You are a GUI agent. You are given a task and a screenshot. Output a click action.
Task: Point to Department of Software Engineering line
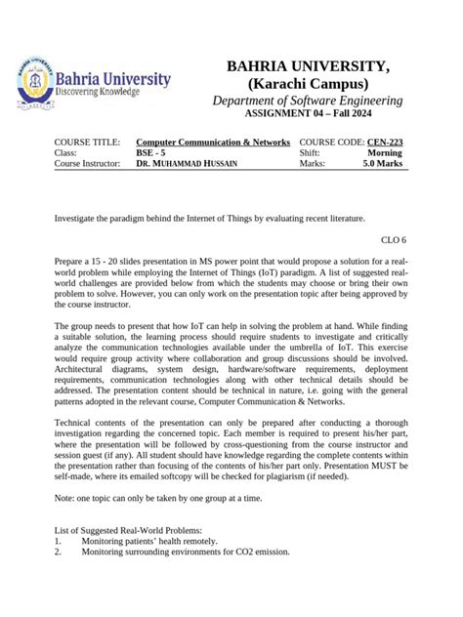(x=308, y=102)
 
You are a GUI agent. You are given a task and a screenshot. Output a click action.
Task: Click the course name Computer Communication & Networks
(x=212, y=143)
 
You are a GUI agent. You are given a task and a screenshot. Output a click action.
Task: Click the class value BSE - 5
(x=150, y=153)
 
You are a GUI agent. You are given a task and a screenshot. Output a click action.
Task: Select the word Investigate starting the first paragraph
(x=77, y=218)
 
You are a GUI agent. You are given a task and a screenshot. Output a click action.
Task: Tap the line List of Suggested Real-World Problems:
(x=128, y=528)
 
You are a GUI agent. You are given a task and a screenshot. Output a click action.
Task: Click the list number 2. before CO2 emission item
(x=58, y=552)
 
